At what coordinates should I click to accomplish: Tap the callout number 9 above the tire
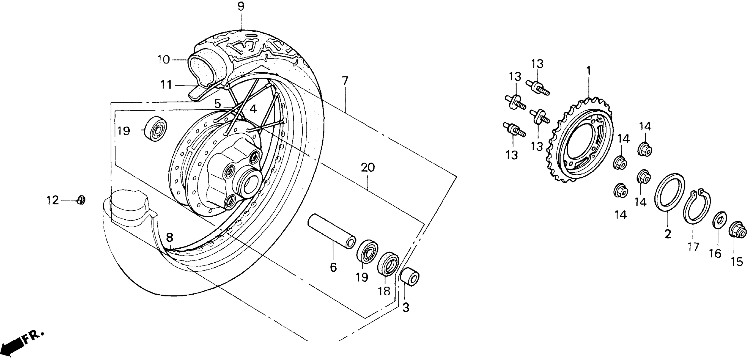(x=241, y=6)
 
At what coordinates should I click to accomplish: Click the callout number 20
(x=368, y=168)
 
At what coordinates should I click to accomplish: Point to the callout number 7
(x=345, y=80)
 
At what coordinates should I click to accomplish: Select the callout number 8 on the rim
(x=169, y=237)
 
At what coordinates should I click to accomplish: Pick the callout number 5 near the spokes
(x=218, y=104)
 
